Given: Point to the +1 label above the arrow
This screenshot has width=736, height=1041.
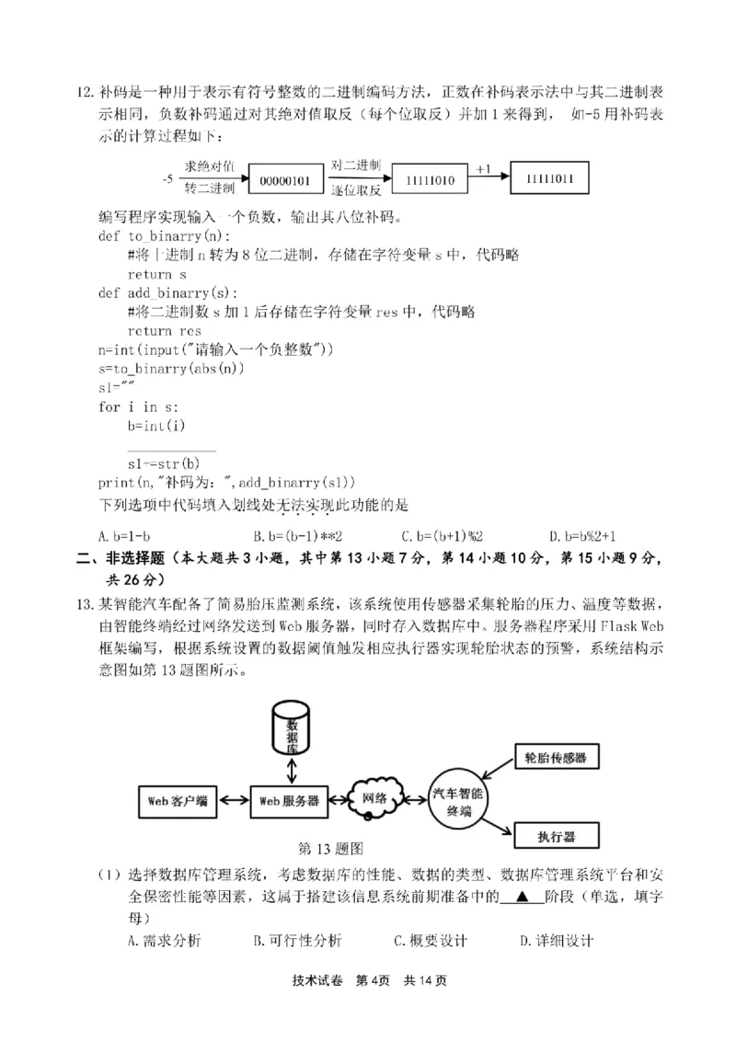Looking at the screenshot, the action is point(484,168).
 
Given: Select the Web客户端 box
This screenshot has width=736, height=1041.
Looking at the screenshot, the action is point(178,800).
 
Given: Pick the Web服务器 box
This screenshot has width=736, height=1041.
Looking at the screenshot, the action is point(289,800).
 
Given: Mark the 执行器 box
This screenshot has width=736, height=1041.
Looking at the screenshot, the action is point(556,837).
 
